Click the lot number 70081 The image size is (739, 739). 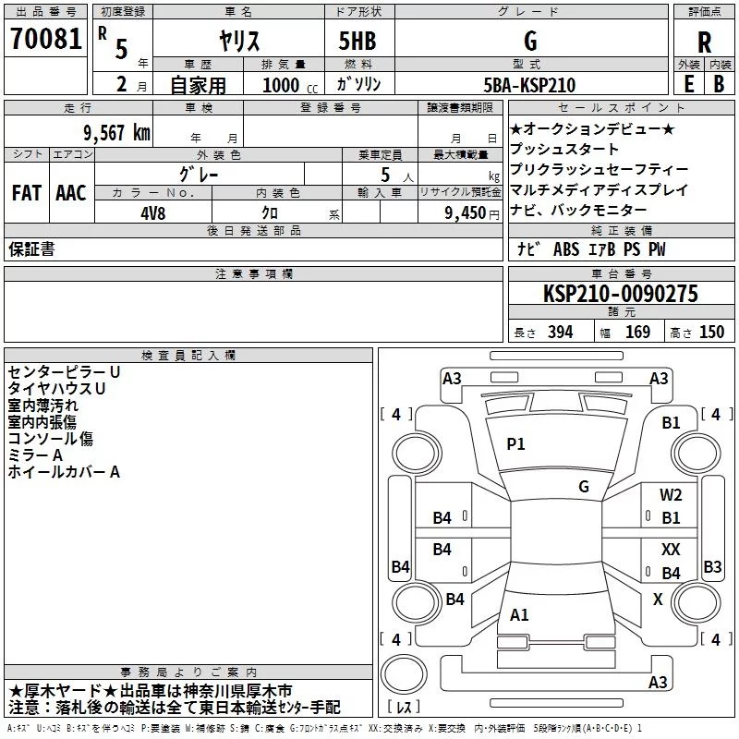45,38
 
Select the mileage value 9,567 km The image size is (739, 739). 117,133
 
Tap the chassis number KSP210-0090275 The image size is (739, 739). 621,294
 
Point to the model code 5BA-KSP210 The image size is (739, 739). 529,85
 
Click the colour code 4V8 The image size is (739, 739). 153,213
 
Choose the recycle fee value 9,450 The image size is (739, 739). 466,212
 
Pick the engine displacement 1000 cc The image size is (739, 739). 290,85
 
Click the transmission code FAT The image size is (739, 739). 27,192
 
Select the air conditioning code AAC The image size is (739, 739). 71,192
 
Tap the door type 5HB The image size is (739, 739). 357,41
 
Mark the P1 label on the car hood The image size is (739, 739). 515,443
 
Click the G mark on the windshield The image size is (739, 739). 584,486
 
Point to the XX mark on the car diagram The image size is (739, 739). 671,549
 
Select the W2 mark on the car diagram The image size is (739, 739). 671,494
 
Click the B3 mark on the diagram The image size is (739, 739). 712,566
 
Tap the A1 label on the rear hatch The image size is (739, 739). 519,614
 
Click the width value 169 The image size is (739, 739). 637,332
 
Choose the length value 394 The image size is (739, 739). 561,332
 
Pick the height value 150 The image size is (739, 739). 711,332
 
